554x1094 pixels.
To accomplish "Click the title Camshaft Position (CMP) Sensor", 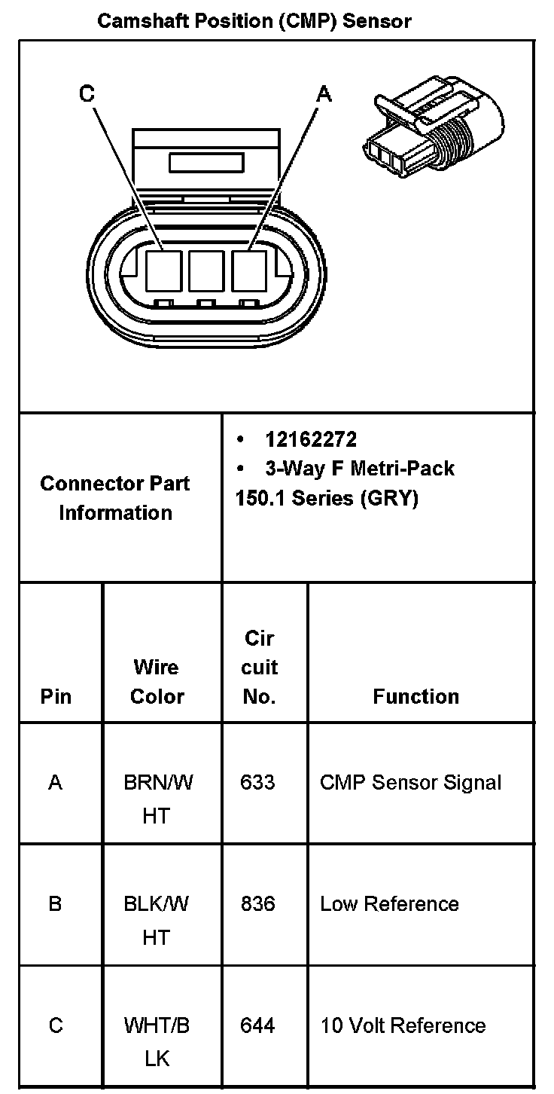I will pos(254,21).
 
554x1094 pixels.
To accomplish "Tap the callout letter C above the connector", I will pos(87,94).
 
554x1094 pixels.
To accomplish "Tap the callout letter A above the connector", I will pos(324,94).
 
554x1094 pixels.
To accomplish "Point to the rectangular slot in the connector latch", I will pos(205,163).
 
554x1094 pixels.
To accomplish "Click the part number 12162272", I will pos(310,439).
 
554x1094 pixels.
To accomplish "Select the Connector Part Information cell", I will pos(115,498).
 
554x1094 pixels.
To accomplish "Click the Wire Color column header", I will pos(157,681).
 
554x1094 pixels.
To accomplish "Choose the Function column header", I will pos(415,696).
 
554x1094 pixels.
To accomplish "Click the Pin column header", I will pos(56,696).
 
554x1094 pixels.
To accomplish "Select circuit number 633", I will pos(257,783).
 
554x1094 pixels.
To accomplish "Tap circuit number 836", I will pos(257,903).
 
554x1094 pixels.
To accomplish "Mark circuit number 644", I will pos(257,1025).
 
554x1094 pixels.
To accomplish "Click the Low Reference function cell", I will pos(389,903).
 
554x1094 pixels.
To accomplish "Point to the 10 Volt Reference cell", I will pos(403,1025).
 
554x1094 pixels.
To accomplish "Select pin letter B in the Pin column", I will pos(55,903).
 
